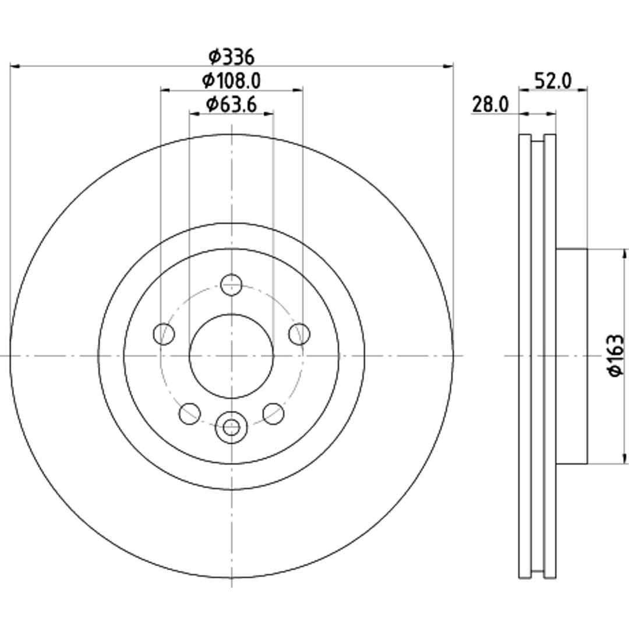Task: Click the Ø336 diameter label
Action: (231, 57)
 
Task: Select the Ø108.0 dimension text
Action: (231, 81)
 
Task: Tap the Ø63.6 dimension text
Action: (231, 105)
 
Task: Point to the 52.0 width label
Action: (553, 82)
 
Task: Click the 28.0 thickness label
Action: (490, 105)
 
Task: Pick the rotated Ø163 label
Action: (616, 356)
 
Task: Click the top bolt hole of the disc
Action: (231, 285)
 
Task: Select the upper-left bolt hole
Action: (164, 334)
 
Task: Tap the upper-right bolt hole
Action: (299, 334)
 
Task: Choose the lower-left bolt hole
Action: (190, 414)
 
